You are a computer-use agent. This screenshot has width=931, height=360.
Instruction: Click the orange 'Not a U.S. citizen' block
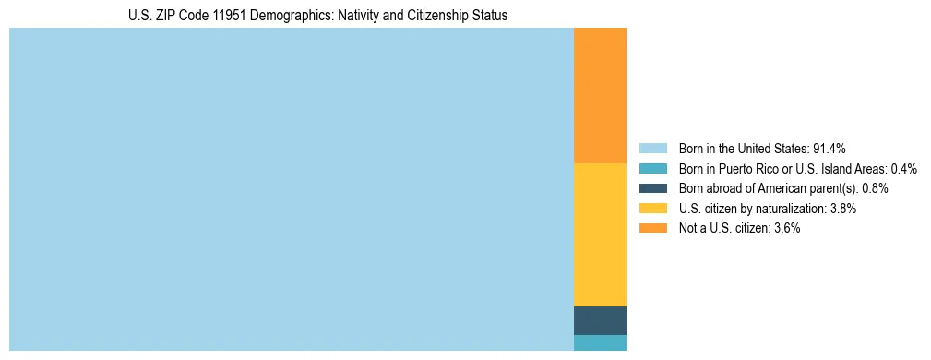600,95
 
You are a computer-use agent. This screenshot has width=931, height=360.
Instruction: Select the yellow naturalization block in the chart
600,234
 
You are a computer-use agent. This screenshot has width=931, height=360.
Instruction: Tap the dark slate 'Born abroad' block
600,320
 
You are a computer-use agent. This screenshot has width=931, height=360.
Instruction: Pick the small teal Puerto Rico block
600,343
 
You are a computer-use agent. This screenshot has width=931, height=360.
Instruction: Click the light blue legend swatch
652,149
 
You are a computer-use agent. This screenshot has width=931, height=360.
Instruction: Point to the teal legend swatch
652,169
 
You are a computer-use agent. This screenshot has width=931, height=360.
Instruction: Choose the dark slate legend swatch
652,188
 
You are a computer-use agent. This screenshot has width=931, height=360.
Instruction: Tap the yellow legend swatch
652,209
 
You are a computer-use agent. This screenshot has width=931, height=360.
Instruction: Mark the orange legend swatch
652,228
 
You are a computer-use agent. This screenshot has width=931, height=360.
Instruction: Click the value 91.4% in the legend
829,149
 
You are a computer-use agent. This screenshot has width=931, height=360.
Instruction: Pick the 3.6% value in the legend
787,228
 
